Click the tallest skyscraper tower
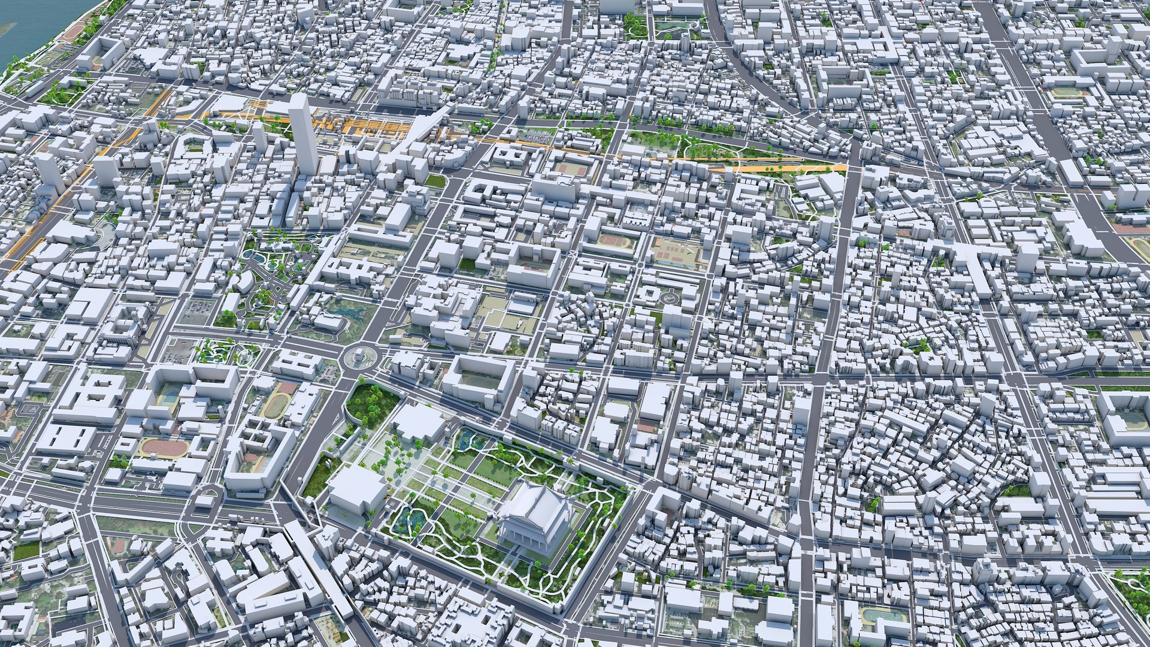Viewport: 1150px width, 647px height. click(x=302, y=135)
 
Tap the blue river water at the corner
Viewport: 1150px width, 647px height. click(x=24, y=30)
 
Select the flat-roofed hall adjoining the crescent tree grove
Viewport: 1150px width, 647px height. click(x=419, y=422)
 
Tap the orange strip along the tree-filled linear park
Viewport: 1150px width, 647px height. click(x=779, y=168)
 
